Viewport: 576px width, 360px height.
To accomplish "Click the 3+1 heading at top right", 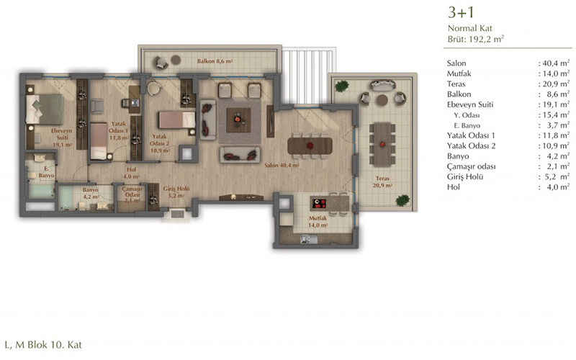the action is [461, 12].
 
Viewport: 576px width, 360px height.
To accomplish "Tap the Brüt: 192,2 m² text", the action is [475, 39].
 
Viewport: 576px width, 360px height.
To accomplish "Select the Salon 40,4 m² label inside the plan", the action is [282, 166].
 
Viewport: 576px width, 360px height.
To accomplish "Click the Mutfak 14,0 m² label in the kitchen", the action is [318, 222].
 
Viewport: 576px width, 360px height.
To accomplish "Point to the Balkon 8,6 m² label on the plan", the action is [215, 61].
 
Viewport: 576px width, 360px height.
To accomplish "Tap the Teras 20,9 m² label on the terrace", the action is [382, 182].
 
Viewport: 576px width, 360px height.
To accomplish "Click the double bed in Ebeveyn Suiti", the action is [45, 109].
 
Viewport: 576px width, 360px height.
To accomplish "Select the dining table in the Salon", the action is [310, 146].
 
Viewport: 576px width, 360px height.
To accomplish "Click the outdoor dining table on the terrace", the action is [382, 145].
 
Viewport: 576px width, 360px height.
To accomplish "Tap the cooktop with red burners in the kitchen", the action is [319, 203].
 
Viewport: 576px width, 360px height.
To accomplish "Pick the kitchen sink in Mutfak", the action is [309, 239].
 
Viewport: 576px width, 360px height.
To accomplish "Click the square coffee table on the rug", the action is [238, 120].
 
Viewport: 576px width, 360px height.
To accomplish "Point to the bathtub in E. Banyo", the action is [42, 191].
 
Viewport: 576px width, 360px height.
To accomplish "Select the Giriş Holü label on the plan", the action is [176, 192].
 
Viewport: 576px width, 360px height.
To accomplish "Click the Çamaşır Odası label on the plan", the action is [132, 194].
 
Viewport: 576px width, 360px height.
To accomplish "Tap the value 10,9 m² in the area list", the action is [554, 145].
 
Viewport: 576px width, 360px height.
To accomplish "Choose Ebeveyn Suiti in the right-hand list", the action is [470, 104].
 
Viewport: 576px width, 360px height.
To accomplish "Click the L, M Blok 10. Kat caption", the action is [43, 345].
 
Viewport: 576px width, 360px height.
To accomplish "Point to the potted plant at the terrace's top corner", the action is [342, 86].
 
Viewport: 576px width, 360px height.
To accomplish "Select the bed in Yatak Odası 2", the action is [176, 120].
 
